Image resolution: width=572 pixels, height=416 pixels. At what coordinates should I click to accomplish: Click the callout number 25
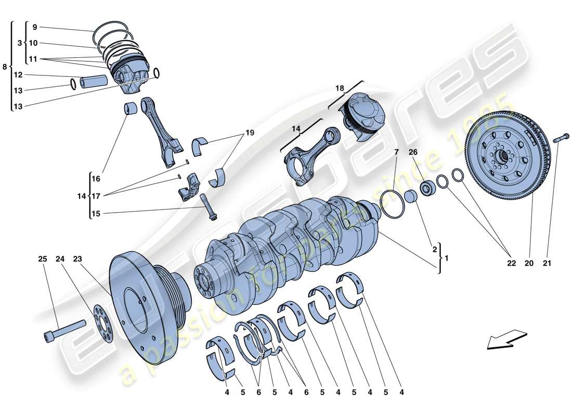42,258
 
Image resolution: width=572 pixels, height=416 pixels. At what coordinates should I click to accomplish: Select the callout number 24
60,258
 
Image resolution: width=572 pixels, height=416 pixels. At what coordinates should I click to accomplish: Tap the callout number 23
78,258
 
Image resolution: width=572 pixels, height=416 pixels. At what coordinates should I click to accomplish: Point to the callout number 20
529,264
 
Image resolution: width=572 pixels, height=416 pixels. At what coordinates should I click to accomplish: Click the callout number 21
547,264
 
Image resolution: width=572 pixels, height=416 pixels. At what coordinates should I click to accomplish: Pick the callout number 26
413,152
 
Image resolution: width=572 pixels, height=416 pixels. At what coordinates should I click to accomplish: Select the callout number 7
396,152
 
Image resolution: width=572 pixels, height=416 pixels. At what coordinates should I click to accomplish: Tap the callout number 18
339,88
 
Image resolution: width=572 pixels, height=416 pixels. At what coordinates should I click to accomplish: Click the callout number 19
250,133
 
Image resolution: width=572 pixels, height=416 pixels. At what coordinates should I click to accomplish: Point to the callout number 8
5,67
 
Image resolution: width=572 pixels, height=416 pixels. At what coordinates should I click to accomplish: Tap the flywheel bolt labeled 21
558,139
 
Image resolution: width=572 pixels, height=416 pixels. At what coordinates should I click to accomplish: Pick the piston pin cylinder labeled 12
94,82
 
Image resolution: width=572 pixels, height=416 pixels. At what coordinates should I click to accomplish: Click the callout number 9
34,27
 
